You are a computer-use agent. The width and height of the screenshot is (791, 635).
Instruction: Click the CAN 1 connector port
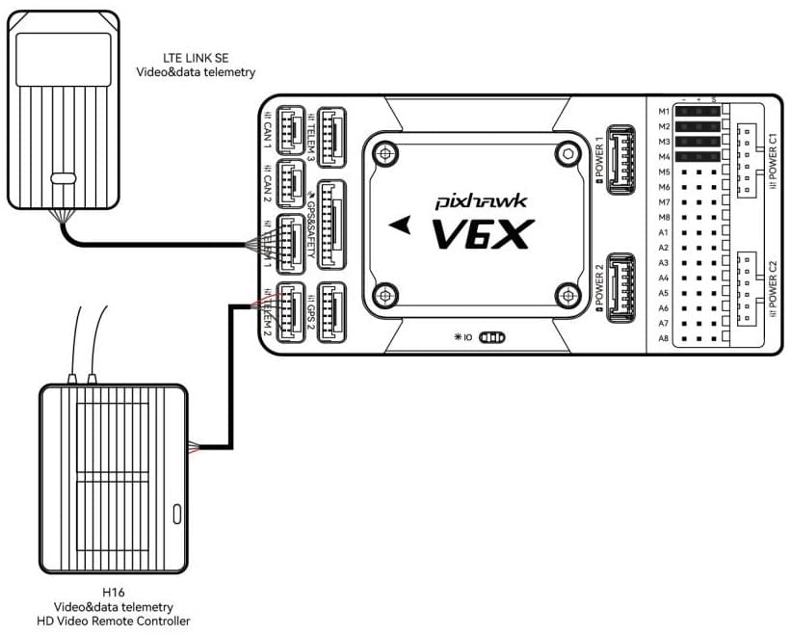tap(290, 127)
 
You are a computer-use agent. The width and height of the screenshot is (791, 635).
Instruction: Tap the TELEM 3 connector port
tap(332, 127)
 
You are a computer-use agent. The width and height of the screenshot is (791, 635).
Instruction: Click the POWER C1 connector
tap(748, 160)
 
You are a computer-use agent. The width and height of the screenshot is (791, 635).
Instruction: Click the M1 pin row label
tap(663, 111)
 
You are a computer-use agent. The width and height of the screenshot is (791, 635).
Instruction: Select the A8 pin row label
tap(663, 339)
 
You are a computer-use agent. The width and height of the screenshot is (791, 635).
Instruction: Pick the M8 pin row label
tap(663, 217)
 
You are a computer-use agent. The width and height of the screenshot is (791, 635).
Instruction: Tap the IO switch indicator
tap(491, 338)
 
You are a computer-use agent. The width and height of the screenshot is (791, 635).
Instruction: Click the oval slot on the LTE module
tap(63, 178)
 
